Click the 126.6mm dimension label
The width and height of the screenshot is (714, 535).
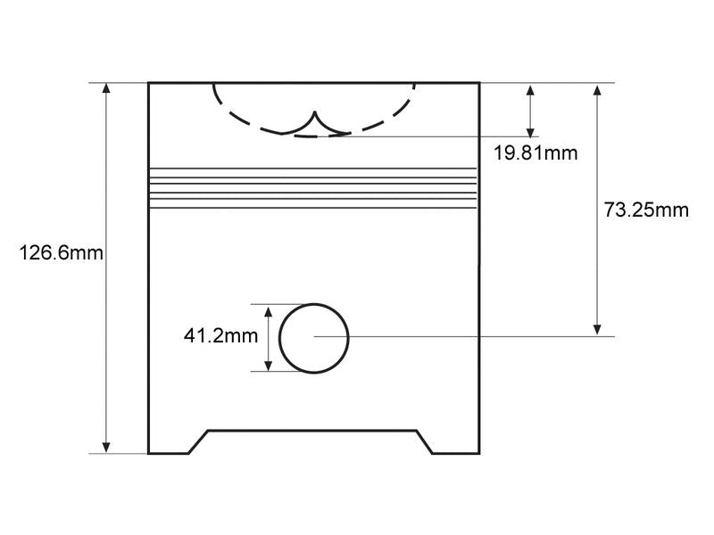tap(61, 253)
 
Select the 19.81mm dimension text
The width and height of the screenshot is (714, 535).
tap(535, 152)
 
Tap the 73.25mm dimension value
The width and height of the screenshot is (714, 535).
tap(646, 210)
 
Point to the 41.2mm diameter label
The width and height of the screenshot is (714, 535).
tap(220, 336)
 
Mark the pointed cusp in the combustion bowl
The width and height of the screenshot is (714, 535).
tap(315, 111)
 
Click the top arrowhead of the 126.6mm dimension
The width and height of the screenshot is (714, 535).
tap(106, 88)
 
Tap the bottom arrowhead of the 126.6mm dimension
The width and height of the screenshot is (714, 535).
tap(106, 448)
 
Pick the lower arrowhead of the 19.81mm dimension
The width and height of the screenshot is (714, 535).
tap(530, 131)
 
